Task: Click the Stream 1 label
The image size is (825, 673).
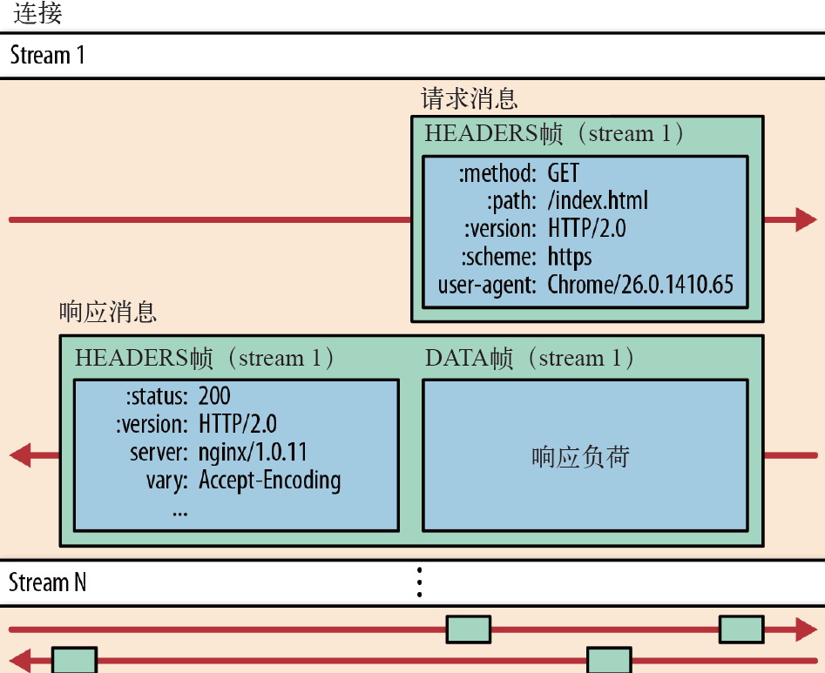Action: tap(48, 56)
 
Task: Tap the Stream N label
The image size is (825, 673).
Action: tap(48, 582)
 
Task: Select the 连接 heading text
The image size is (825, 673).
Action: tap(37, 14)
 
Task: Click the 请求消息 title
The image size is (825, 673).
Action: tap(470, 98)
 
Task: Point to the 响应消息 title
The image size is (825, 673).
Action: tap(108, 312)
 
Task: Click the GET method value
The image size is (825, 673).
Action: tap(563, 174)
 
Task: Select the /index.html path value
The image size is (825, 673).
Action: tap(598, 201)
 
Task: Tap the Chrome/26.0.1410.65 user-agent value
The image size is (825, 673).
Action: tap(640, 285)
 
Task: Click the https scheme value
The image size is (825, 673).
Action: tap(570, 257)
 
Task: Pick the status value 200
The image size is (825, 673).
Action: tap(214, 396)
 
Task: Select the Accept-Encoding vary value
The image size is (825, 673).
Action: tap(269, 480)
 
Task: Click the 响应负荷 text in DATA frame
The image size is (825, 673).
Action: tap(580, 457)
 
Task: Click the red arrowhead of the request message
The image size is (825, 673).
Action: tap(805, 219)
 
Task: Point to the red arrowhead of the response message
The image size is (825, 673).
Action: tap(20, 454)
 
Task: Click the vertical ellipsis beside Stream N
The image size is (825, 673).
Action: tap(419, 582)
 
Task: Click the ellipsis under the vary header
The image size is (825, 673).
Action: tap(180, 509)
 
